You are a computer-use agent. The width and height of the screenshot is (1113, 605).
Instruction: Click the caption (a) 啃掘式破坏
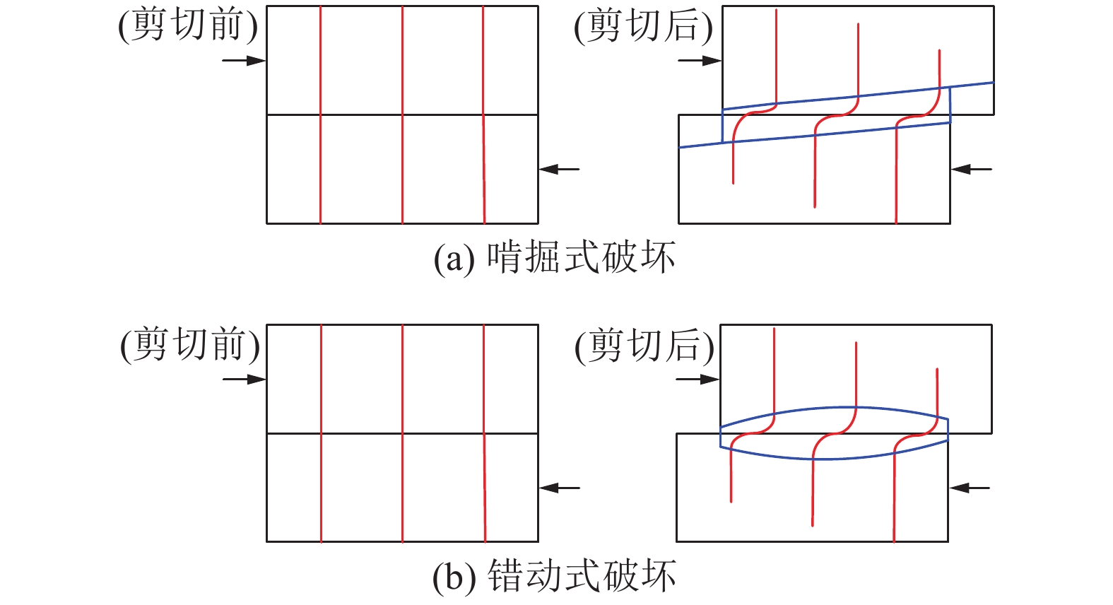554,257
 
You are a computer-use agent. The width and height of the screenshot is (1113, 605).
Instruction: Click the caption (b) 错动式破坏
554,576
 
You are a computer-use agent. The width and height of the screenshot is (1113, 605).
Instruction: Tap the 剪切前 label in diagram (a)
188,25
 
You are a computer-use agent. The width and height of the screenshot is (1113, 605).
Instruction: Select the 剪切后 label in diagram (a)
644,26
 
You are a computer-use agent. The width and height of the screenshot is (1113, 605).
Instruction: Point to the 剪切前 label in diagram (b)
190,344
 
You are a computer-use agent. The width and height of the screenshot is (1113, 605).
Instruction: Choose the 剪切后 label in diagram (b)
644,345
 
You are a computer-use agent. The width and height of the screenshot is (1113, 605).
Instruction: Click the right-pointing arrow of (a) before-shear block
244,61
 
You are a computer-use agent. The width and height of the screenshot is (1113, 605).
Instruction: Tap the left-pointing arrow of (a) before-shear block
560,170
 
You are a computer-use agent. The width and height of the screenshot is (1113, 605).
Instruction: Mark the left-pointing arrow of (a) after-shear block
972,170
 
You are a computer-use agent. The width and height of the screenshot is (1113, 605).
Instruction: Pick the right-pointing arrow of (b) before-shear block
245,380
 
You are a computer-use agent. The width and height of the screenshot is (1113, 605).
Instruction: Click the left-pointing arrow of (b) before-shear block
560,488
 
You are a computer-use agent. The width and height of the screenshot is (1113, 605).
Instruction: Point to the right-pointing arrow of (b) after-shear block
697,380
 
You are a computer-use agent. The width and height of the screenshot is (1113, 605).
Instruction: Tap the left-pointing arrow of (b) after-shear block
970,488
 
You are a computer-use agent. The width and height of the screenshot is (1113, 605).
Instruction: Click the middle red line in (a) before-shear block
403,114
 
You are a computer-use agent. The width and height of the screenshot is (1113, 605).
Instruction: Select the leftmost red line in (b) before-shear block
321,433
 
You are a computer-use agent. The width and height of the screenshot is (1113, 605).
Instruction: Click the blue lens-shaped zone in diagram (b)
835,433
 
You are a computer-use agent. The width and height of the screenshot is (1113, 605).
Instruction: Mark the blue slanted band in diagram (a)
836,114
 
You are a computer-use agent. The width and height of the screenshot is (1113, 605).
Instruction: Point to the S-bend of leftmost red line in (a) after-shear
754,113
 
